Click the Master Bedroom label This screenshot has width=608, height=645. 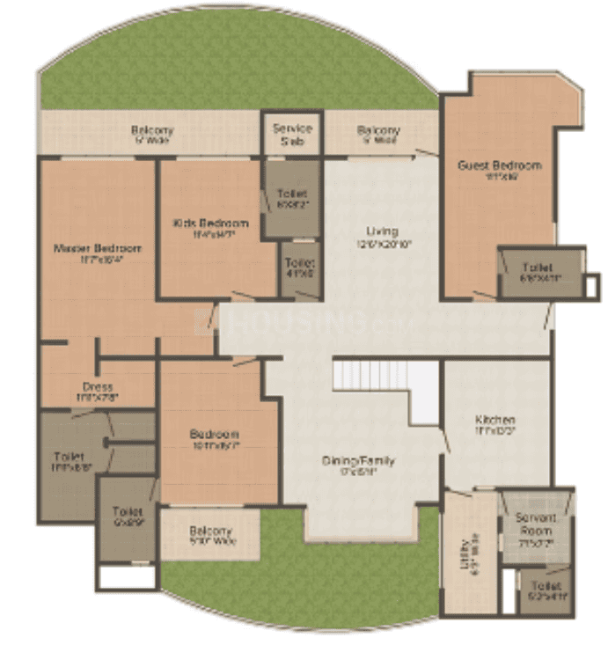97,248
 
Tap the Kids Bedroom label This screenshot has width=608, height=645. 211,223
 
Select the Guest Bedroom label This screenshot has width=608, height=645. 499,165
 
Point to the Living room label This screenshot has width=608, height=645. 383,231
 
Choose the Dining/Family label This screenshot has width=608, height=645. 357,460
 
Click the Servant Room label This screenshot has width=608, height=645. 535,525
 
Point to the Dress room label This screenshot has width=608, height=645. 98,386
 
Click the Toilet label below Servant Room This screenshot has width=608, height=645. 546,585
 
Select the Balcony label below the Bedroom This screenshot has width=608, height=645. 210,531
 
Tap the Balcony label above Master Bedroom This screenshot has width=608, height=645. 152,130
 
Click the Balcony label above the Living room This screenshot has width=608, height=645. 378,131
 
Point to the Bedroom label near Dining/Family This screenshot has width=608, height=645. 214,435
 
